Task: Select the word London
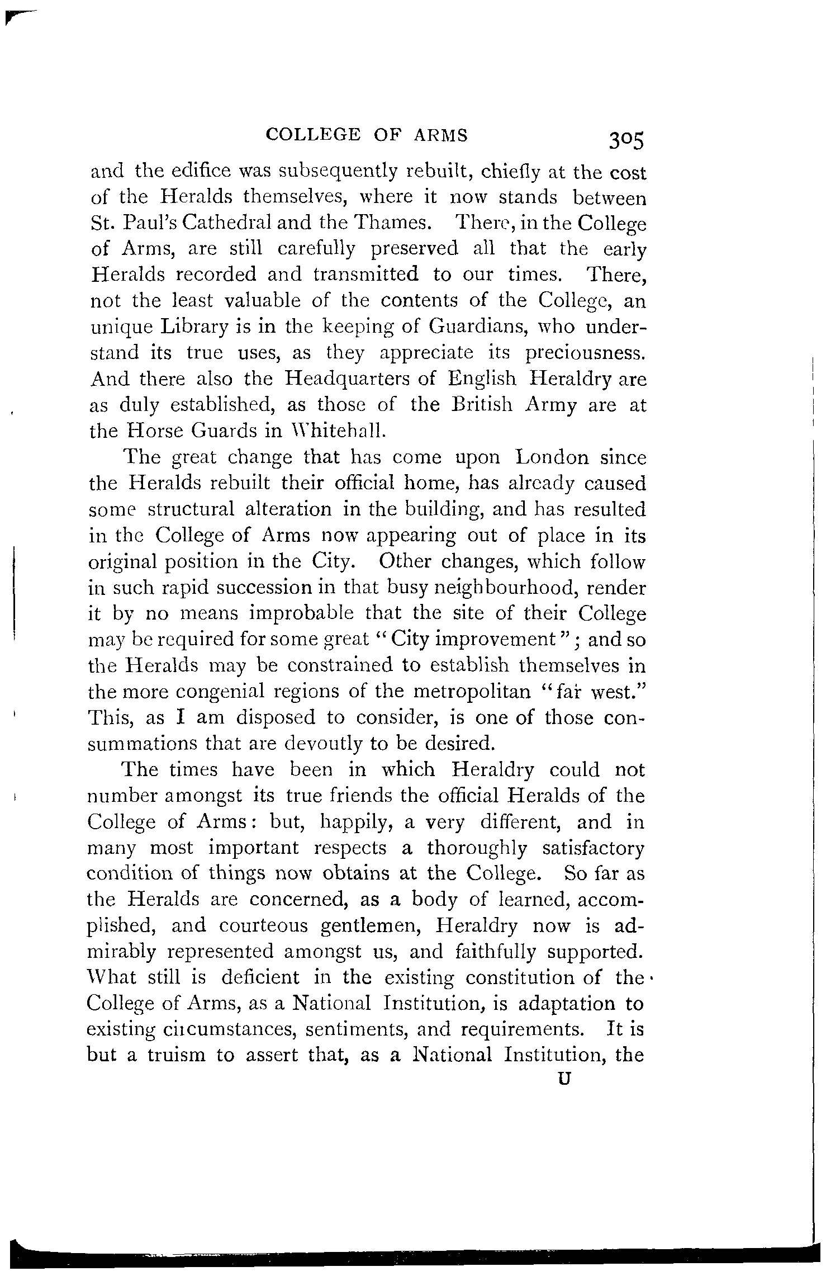coord(552,457)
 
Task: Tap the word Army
coord(551,405)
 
